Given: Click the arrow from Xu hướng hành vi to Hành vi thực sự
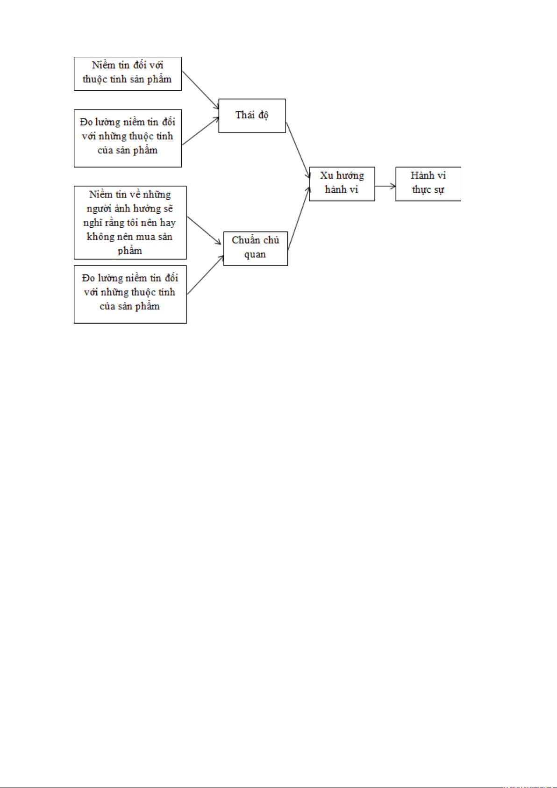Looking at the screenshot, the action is pos(385,186).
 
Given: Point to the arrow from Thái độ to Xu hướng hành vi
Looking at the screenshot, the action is pos(298,150).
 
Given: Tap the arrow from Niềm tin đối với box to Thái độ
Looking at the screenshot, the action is pos(200,90).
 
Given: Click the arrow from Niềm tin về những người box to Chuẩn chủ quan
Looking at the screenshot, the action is pos(204,231).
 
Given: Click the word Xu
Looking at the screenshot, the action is pos(327,175).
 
